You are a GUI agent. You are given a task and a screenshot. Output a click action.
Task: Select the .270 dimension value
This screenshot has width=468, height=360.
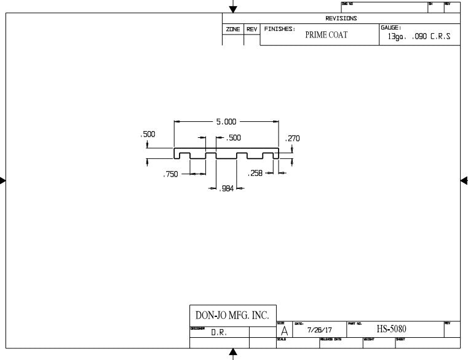[292, 138]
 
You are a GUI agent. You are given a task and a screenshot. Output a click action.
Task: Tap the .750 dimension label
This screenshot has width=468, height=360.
[170, 175]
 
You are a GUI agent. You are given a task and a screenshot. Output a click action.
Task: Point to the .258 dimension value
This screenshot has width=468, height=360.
[255, 174]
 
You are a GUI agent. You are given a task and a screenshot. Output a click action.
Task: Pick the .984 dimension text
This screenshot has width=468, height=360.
[228, 188]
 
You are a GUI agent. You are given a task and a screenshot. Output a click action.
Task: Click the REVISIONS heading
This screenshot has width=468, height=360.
[341, 18]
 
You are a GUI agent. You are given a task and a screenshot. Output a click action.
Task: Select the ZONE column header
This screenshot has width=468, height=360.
[233, 29]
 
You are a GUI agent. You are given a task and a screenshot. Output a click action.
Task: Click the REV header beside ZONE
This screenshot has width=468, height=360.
[252, 29]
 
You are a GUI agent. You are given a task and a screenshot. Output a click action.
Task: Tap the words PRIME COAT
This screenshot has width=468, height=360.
[326, 35]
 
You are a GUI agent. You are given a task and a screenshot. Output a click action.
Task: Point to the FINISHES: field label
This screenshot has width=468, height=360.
[280, 29]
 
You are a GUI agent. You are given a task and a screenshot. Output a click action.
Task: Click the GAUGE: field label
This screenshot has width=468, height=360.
[391, 28]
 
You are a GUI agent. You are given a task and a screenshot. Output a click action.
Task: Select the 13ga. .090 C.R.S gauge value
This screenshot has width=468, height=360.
[419, 36]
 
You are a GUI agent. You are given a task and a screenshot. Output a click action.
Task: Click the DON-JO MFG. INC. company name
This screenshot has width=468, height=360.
[232, 315]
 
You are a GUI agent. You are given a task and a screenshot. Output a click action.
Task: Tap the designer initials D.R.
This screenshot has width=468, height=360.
[218, 332]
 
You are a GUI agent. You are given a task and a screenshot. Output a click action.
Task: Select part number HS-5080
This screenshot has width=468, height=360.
[391, 329]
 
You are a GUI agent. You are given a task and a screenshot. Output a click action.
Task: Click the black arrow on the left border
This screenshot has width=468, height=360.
[3, 180]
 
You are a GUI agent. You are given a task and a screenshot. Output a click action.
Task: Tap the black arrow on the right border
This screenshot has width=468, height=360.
[464, 180]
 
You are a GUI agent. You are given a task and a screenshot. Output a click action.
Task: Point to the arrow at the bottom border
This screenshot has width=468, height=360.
[233, 353]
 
